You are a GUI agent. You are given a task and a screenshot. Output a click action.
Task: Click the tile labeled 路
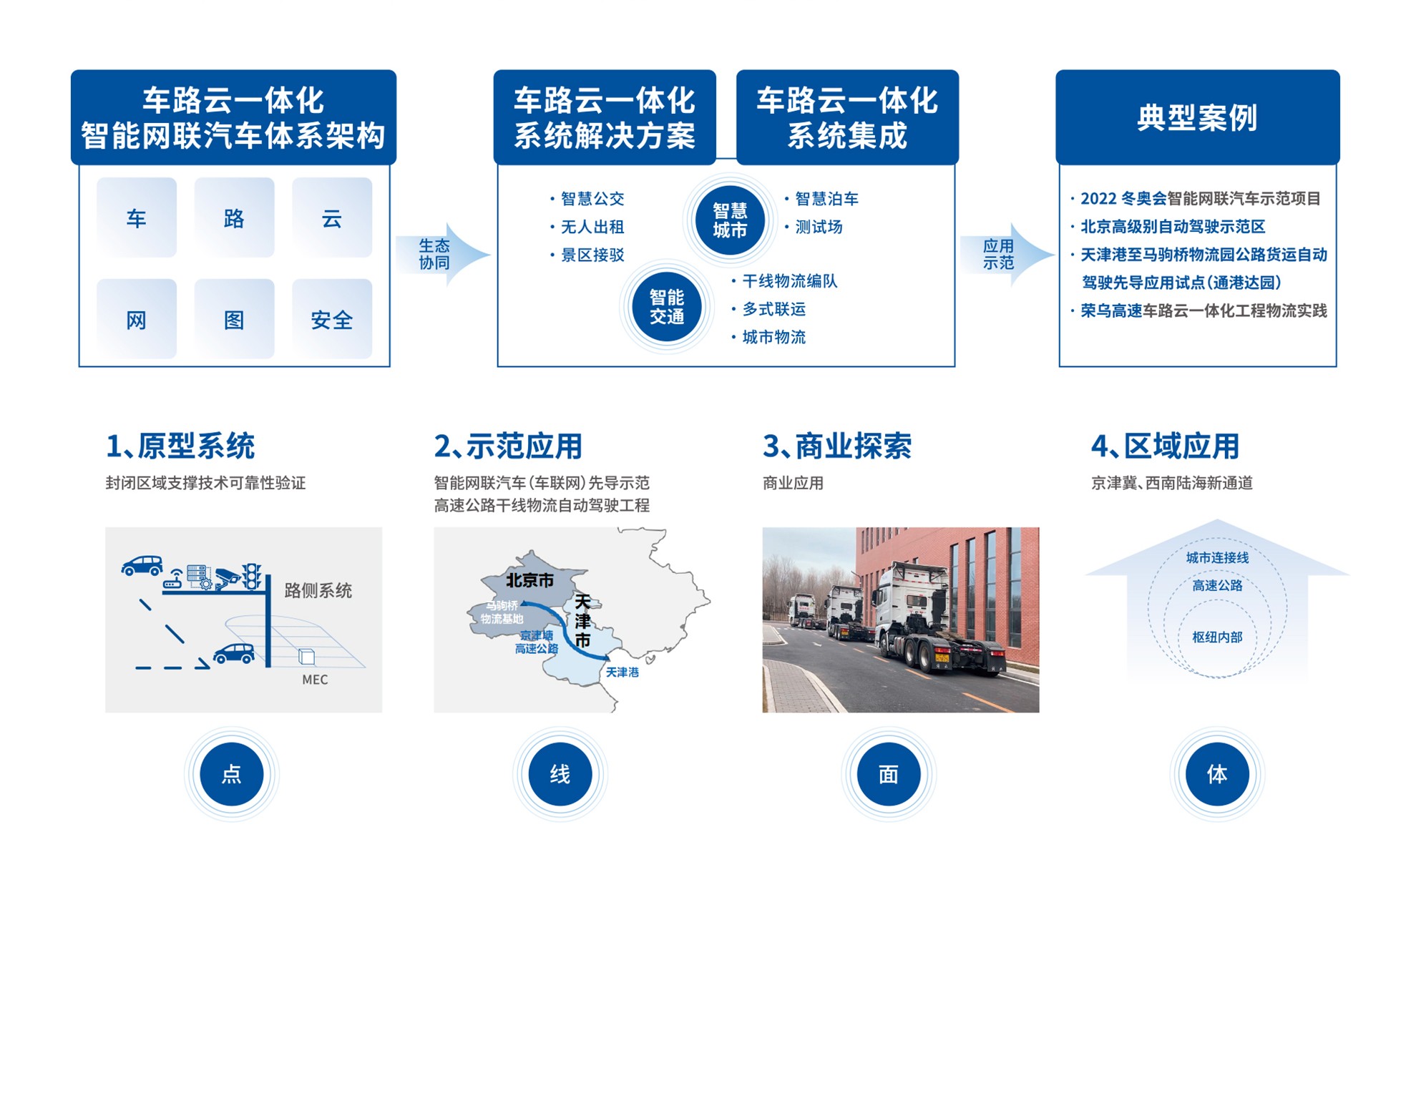point(234,217)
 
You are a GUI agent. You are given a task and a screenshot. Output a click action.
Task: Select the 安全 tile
point(331,319)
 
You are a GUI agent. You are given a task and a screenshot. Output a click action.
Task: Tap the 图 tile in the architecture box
point(234,319)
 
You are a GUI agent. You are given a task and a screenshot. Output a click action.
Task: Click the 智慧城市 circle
point(729,220)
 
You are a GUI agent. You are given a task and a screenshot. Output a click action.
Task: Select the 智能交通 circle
point(666,306)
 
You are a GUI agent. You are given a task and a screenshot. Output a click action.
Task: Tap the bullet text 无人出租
point(592,227)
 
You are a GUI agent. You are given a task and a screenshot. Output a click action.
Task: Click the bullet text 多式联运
point(773,309)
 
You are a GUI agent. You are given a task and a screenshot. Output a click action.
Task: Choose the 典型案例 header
point(1196,117)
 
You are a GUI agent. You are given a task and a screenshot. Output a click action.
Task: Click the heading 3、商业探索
point(836,446)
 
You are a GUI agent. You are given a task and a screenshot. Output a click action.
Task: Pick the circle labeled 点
point(231,773)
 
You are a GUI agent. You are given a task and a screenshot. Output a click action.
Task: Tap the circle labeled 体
point(1216,773)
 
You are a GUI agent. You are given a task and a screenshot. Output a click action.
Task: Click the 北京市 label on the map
point(529,580)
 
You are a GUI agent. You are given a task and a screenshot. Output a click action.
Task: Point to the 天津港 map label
point(622,672)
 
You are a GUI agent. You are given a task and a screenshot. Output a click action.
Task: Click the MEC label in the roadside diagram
point(315,679)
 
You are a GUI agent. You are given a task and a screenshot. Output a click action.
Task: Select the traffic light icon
point(252,576)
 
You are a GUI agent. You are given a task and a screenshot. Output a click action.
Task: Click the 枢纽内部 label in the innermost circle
point(1216,637)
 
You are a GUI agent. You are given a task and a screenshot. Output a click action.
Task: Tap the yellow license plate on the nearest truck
point(942,657)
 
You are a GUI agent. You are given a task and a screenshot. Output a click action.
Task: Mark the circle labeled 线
point(560,773)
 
